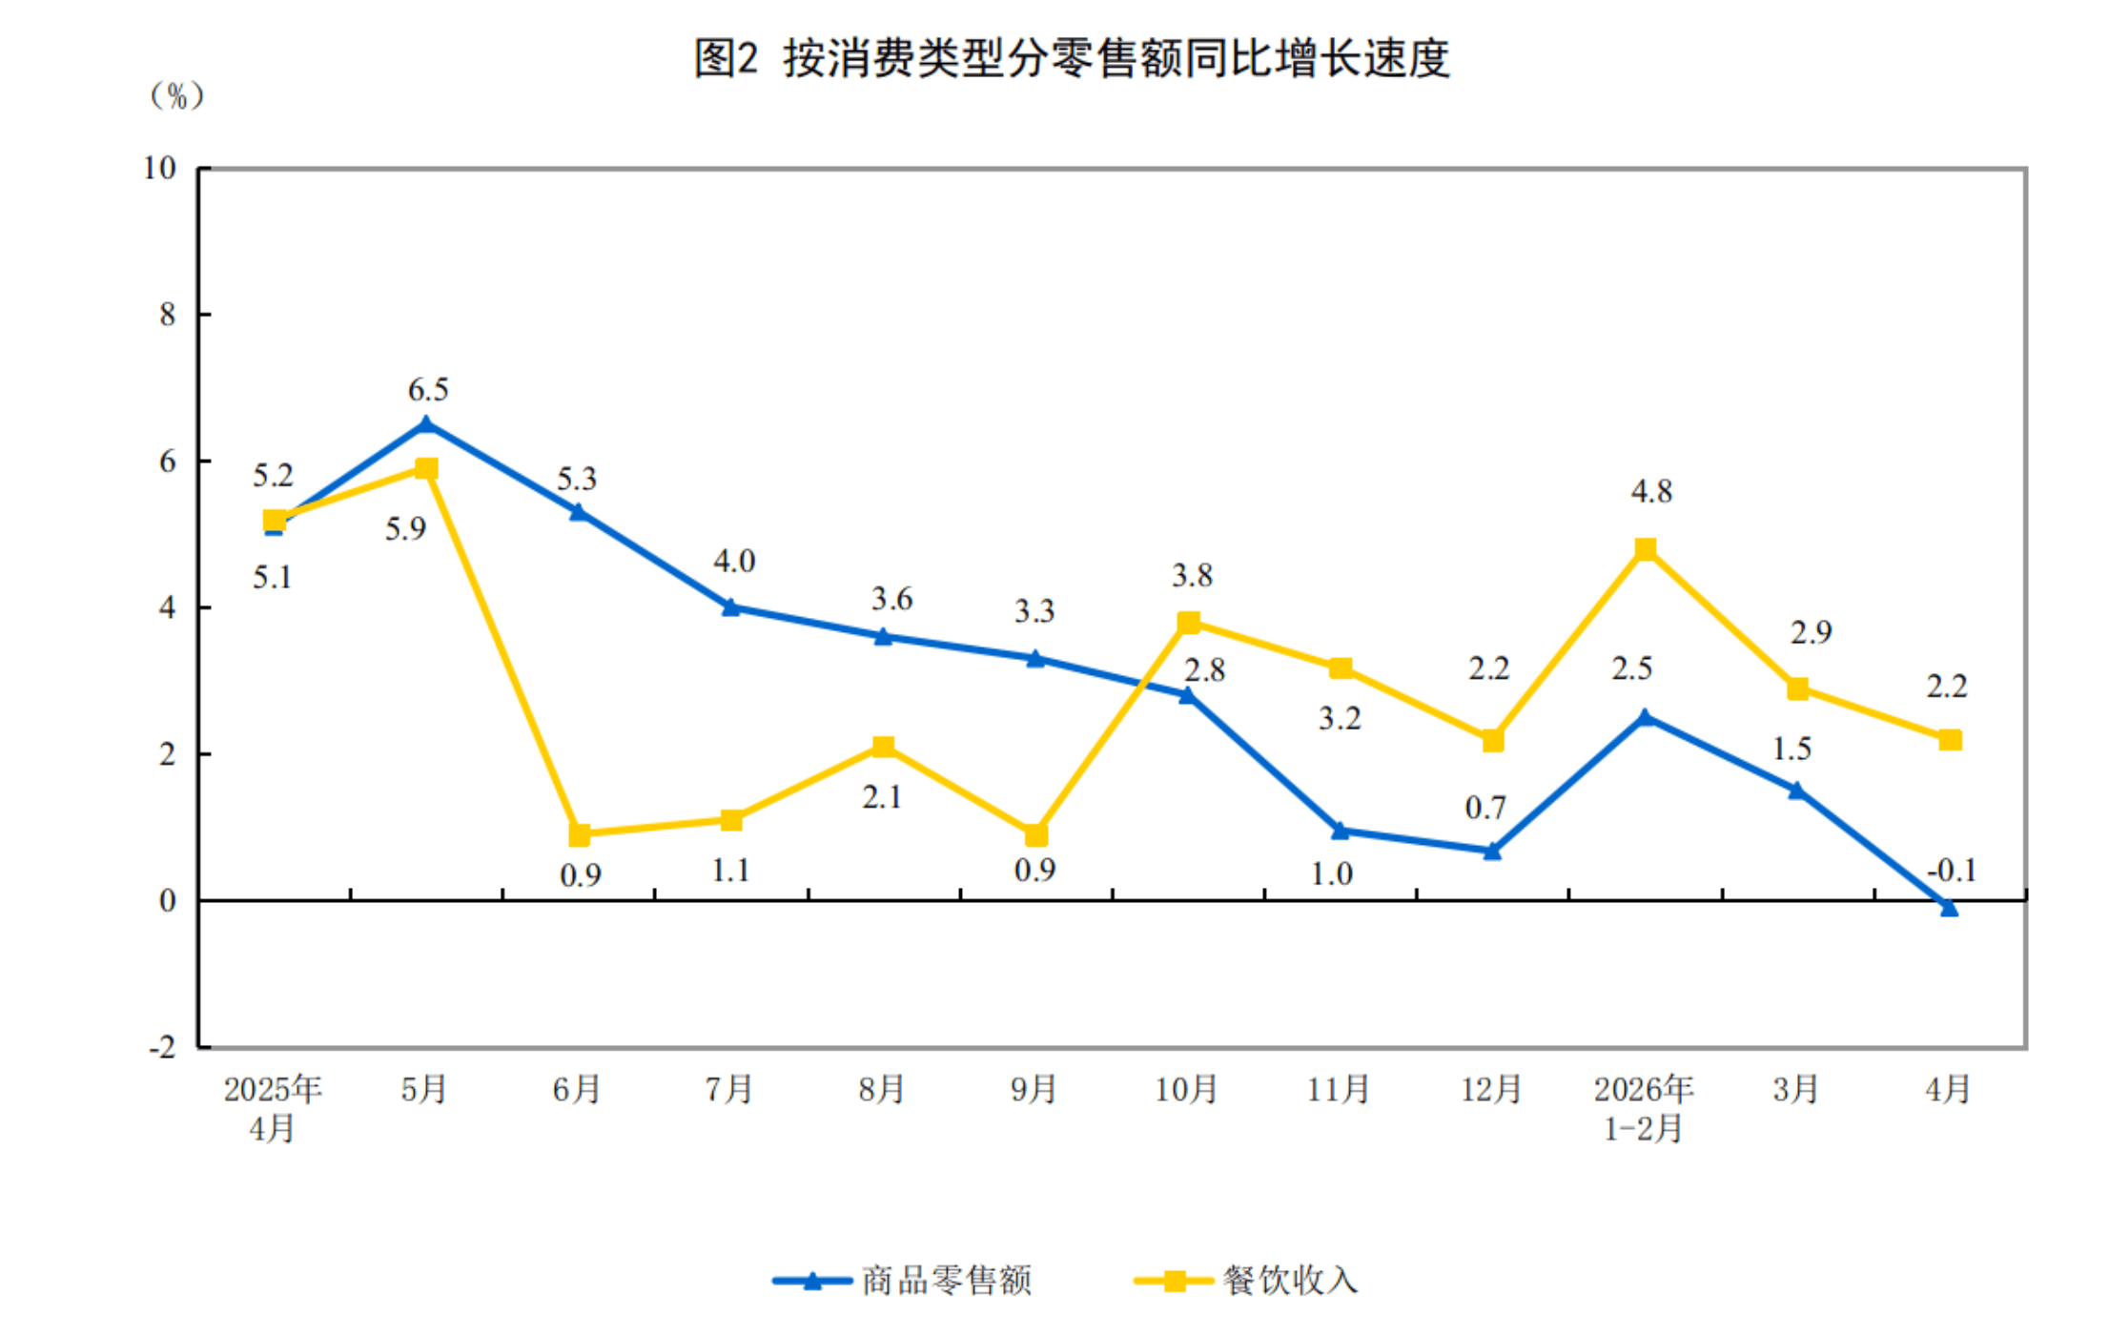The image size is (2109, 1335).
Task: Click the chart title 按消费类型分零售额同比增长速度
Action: tap(1116, 59)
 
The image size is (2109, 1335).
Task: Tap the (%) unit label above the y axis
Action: tap(176, 95)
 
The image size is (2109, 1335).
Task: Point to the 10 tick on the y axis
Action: tap(160, 168)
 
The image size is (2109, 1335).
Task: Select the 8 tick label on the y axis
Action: tap(168, 315)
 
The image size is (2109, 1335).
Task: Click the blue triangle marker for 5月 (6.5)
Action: tap(426, 424)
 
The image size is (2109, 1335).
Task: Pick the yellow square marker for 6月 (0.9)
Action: tap(579, 834)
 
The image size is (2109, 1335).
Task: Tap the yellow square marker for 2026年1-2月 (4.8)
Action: tap(1645, 549)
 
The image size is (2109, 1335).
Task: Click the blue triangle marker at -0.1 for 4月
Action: tap(1949, 908)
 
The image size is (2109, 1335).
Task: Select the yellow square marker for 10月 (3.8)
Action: tap(1188, 623)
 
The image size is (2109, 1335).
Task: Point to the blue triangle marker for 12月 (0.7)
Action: tap(1492, 850)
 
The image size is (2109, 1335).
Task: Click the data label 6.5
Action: tap(428, 389)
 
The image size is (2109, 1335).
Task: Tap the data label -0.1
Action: tap(1952, 870)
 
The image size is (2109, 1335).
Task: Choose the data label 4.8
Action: tap(1651, 491)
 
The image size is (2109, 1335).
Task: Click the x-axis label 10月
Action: tap(1186, 1089)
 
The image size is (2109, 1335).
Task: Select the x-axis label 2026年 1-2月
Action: tap(1644, 1109)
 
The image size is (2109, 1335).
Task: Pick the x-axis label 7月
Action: tap(729, 1089)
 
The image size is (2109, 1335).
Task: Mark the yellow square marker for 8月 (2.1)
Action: tap(883, 747)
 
